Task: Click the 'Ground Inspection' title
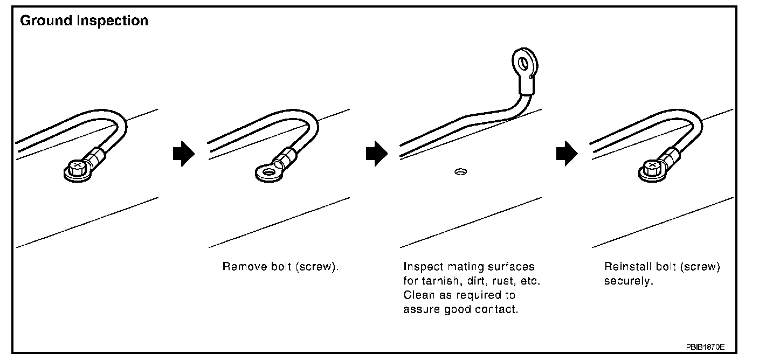84,21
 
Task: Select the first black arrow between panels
183,154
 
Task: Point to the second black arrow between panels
376,154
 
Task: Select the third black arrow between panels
567,154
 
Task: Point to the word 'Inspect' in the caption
422,267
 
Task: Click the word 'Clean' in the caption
417,295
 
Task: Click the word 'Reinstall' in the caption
627,267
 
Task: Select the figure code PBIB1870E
709,347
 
